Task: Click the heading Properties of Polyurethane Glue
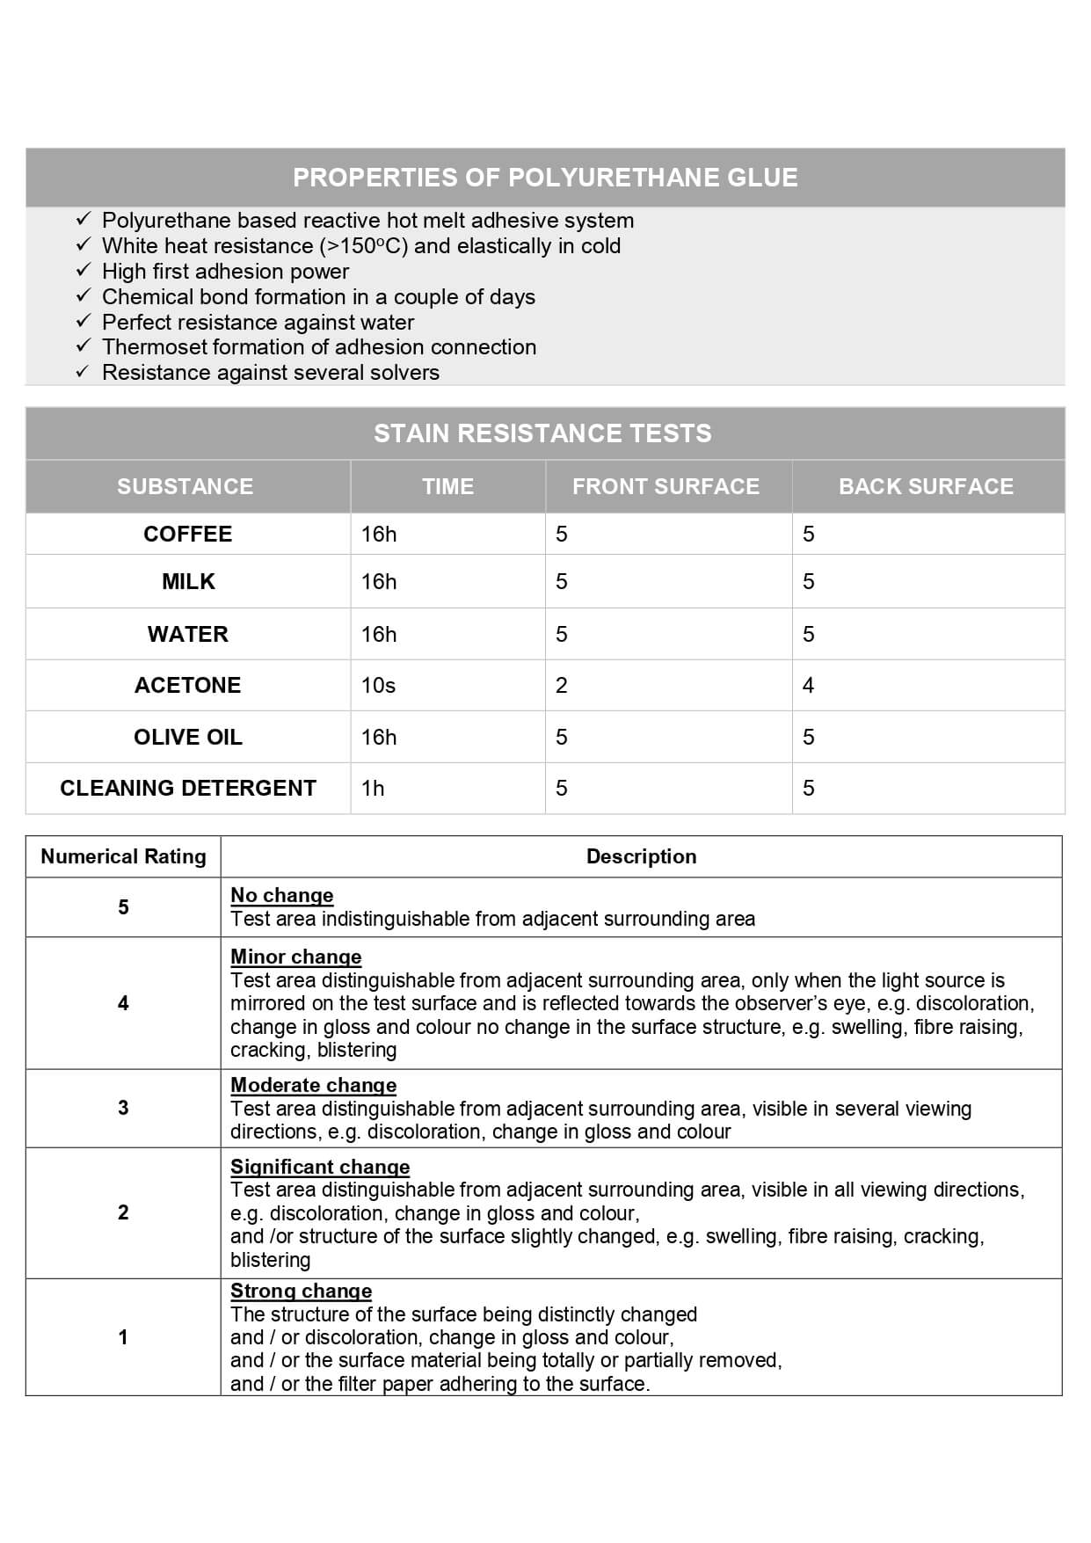(x=545, y=178)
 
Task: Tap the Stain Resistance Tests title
(x=542, y=433)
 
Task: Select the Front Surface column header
(x=666, y=486)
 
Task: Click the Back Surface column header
(x=926, y=486)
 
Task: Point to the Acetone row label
(x=187, y=686)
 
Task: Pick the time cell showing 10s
(x=378, y=686)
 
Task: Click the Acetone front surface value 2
(x=562, y=686)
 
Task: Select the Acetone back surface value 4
(x=808, y=686)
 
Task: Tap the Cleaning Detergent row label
(x=187, y=788)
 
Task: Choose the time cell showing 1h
(x=373, y=789)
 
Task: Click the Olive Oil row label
(x=187, y=737)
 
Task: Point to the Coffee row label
(x=187, y=535)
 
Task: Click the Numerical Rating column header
(x=123, y=856)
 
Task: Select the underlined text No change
(x=281, y=895)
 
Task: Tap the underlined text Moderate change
(x=313, y=1085)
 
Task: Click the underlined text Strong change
(x=301, y=1291)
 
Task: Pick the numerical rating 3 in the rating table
(x=123, y=1108)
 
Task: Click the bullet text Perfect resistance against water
(x=258, y=322)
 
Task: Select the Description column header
(x=641, y=856)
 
